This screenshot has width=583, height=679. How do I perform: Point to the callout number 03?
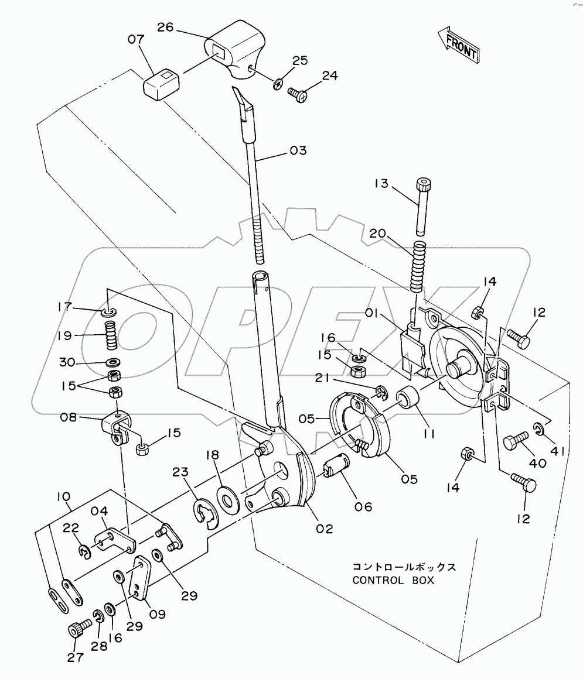point(298,152)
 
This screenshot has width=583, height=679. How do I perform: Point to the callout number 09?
point(157,615)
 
